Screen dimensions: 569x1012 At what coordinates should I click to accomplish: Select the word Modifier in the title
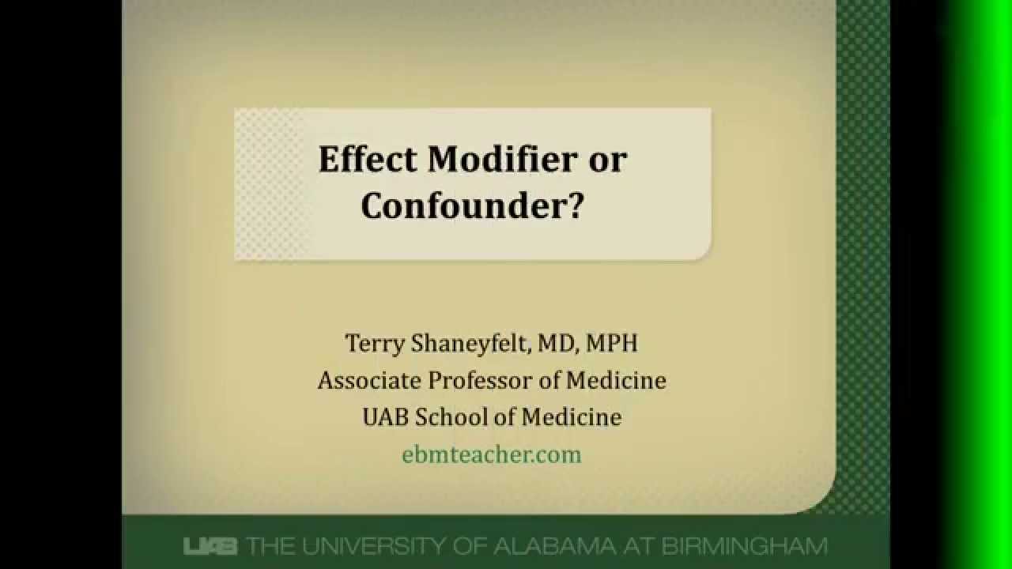click(x=501, y=160)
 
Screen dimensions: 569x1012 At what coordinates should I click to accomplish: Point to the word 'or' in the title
click(x=607, y=160)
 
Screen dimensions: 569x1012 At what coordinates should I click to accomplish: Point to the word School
click(x=449, y=416)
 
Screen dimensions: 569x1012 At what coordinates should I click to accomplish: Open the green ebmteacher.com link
click(x=491, y=454)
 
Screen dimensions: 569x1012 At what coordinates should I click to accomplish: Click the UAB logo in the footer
click(x=211, y=546)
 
